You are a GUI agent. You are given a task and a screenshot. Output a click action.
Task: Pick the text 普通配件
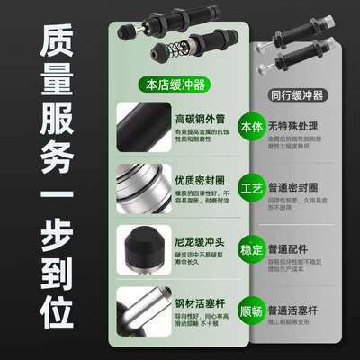tap(296, 240)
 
